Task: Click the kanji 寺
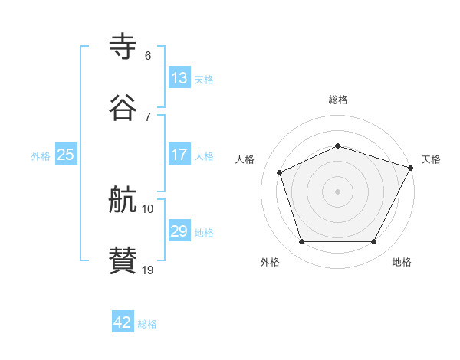coord(123,47)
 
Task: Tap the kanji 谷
coord(123,106)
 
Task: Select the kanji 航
coord(123,201)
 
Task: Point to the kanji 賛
coord(123,260)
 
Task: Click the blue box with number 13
coord(179,78)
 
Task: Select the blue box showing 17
coord(179,155)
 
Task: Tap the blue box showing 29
coord(179,231)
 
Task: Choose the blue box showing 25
coord(66,155)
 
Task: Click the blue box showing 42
coord(123,322)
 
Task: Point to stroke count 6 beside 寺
coord(148,56)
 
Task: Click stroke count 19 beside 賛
coord(148,270)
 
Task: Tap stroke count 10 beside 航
coord(148,209)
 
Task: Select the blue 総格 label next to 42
coord(147,324)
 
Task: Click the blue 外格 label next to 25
coord(41,156)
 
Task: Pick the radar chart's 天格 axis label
coord(431,159)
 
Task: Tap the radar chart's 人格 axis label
coord(245,159)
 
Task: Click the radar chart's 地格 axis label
coord(402,262)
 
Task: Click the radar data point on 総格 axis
coord(337,146)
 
